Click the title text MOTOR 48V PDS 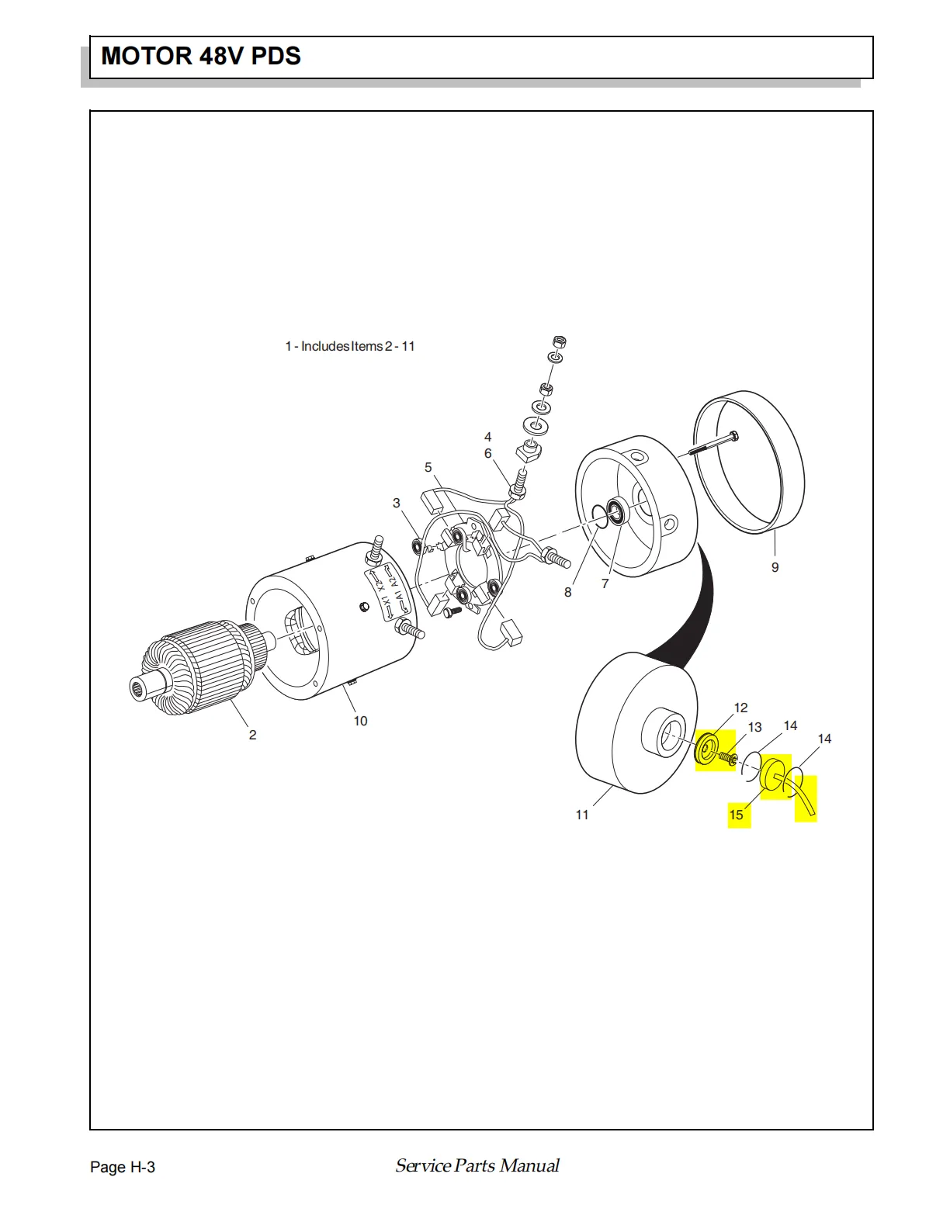[201, 56]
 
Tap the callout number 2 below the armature [252, 735]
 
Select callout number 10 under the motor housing [360, 721]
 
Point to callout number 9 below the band [775, 567]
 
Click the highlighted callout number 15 [736, 815]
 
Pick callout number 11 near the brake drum [582, 815]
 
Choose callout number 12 [740, 708]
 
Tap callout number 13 [754, 727]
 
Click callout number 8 [567, 592]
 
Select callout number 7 [605, 583]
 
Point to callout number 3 [396, 503]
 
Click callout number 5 [428, 467]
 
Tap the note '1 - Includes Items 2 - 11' [350, 346]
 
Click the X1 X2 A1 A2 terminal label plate [389, 594]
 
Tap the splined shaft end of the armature [141, 687]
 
